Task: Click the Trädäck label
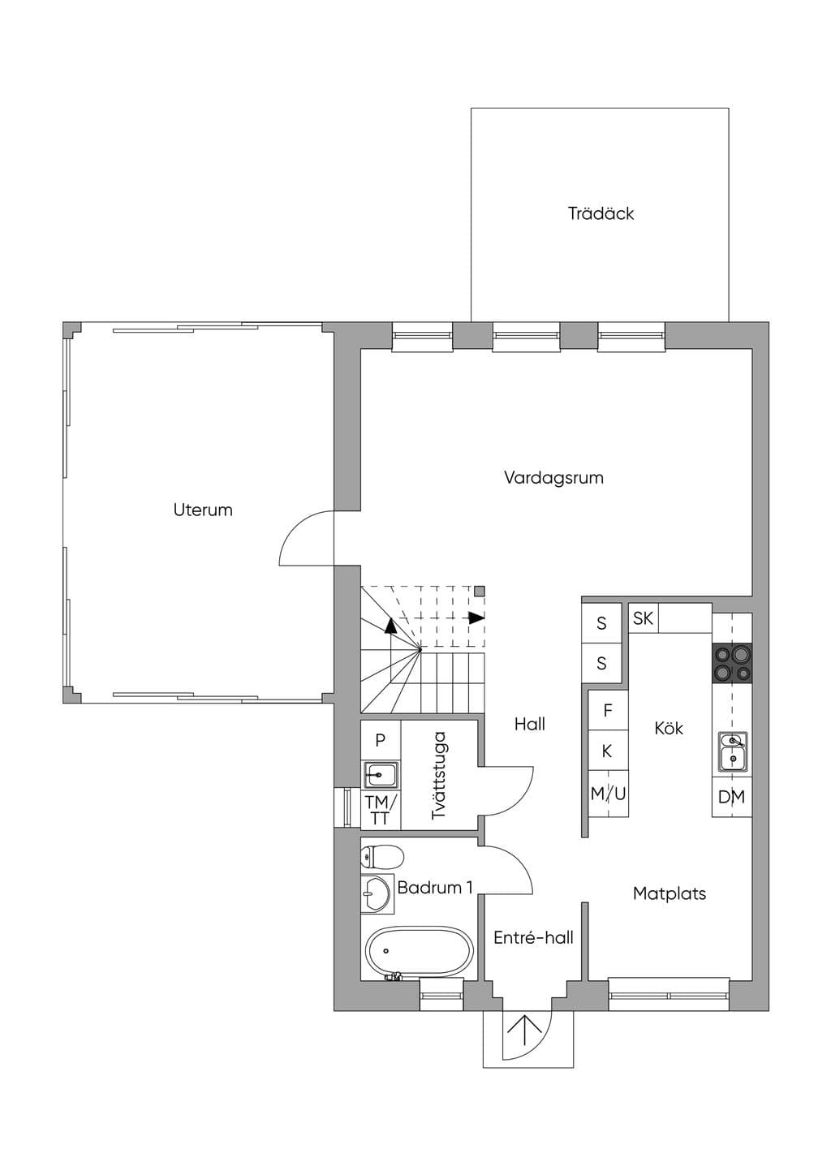click(x=601, y=213)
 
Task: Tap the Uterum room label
click(x=203, y=510)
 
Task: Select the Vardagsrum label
click(x=553, y=478)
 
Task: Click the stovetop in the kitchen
click(x=732, y=663)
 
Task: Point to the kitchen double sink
click(x=734, y=752)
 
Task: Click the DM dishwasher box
click(x=732, y=797)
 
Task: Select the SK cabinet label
click(x=644, y=618)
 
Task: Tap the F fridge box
click(x=608, y=710)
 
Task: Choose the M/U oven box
click(x=608, y=794)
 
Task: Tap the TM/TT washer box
click(x=381, y=811)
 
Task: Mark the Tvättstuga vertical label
click(x=438, y=775)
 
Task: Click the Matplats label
click(x=670, y=893)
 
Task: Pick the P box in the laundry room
click(x=381, y=740)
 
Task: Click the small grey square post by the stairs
click(x=479, y=592)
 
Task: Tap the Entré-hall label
click(x=533, y=937)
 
